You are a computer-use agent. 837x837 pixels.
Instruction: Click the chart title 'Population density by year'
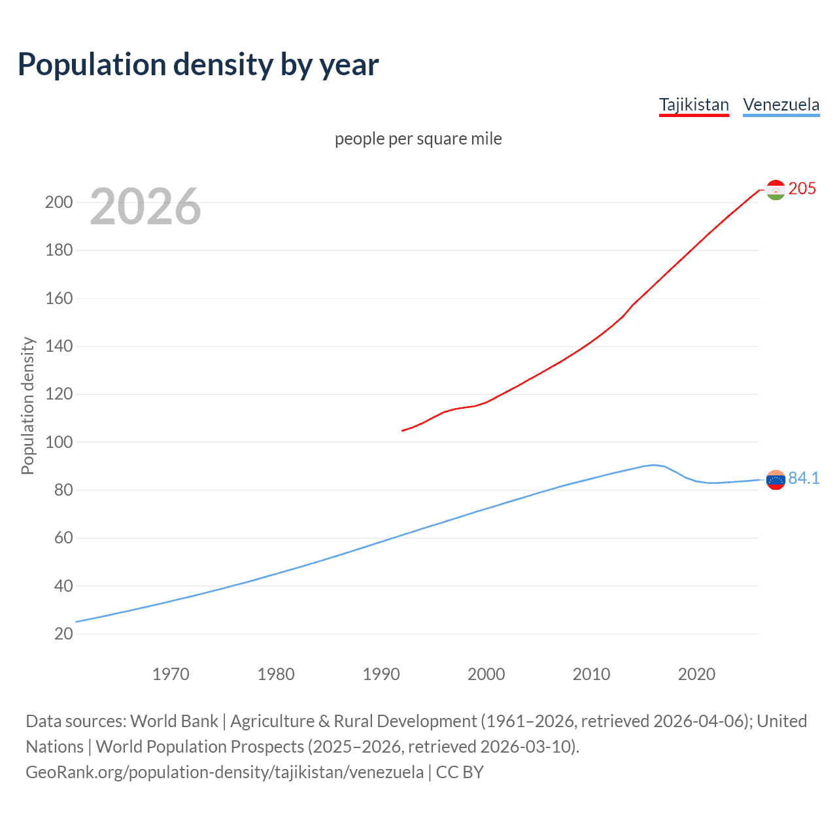(198, 65)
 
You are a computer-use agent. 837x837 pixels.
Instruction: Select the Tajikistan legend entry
(694, 105)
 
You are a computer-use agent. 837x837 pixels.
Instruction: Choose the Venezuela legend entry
(781, 105)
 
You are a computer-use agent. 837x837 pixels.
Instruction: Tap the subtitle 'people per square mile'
(418, 139)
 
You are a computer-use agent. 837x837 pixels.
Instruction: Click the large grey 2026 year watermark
(145, 207)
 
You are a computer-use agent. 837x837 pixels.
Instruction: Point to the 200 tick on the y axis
(59, 203)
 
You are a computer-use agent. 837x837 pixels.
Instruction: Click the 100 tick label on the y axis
(59, 442)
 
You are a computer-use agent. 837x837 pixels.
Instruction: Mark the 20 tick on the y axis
(63, 634)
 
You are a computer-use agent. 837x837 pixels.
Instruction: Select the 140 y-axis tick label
(59, 347)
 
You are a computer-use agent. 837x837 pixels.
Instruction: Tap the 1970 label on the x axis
(171, 674)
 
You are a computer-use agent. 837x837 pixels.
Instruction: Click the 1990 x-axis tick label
(381, 674)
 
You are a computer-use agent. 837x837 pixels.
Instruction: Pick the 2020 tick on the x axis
(696, 674)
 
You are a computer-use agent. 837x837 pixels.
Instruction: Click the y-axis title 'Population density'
(27, 405)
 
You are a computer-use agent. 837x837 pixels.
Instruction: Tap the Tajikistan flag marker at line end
(775, 190)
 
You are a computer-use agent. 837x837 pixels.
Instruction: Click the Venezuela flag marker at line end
(775, 480)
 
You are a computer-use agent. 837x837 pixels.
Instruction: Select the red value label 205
(802, 189)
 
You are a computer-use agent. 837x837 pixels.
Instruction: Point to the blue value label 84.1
(804, 479)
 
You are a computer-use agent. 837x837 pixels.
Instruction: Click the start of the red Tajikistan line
(402, 430)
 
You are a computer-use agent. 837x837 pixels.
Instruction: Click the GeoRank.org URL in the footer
(224, 772)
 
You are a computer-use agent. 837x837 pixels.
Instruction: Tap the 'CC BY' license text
(460, 772)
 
